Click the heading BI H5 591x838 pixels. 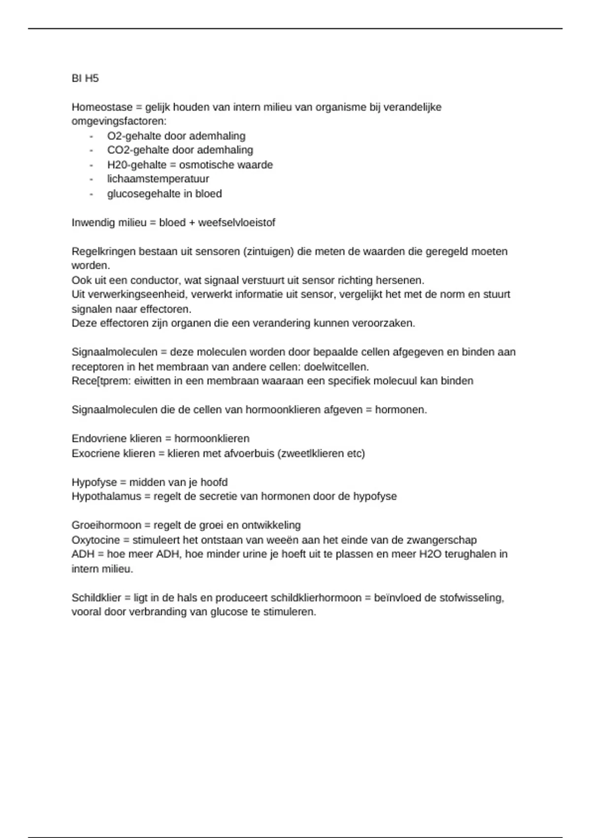click(85, 78)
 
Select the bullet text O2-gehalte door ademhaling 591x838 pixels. click(176, 136)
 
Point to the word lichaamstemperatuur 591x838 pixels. click(158, 179)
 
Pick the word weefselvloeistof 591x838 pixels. click(236, 222)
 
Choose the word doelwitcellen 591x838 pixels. click(336, 367)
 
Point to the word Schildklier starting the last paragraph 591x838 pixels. click(96, 598)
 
